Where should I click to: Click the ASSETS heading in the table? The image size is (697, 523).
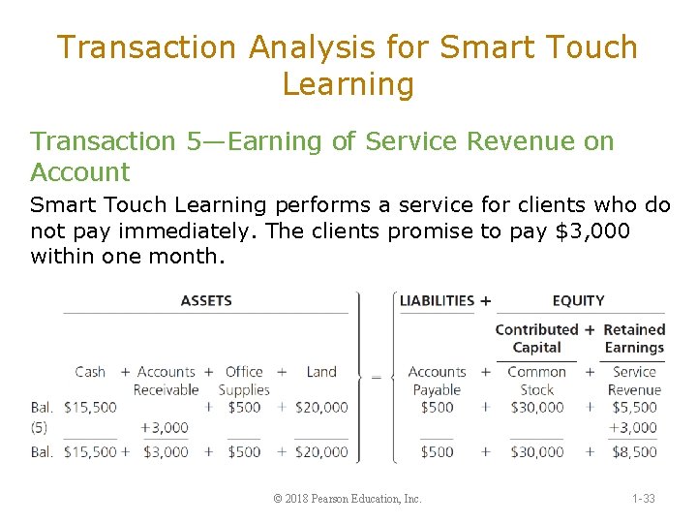click(206, 300)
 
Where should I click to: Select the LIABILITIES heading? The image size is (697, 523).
click(437, 300)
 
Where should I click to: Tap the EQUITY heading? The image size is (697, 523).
click(578, 300)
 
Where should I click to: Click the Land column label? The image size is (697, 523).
click(321, 371)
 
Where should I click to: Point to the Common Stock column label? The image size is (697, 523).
click(536, 381)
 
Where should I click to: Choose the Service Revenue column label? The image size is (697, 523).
click(634, 381)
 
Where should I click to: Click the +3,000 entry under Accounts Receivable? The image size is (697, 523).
click(165, 427)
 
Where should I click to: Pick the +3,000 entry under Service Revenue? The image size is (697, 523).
click(633, 427)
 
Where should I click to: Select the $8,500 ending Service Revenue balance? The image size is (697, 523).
click(634, 451)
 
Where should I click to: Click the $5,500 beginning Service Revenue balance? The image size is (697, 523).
click(634, 408)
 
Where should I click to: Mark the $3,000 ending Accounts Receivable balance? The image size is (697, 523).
click(167, 451)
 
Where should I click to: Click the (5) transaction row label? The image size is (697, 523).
click(42, 427)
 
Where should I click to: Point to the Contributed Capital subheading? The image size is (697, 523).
click(536, 338)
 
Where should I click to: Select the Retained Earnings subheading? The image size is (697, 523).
click(634, 338)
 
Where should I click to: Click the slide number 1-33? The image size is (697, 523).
click(643, 499)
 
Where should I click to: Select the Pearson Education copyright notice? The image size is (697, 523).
click(348, 499)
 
